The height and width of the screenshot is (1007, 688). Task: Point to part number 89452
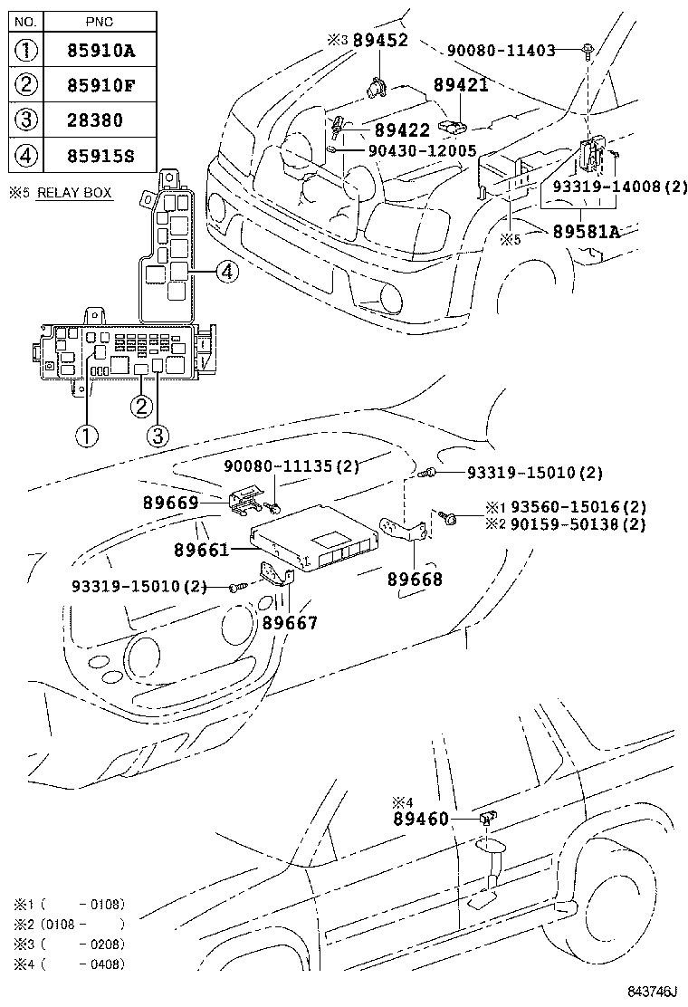pyautogui.click(x=380, y=40)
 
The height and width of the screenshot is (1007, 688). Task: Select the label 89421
pyautogui.click(x=461, y=85)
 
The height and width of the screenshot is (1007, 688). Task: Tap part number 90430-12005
pyautogui.click(x=422, y=150)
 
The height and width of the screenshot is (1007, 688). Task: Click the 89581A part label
pyautogui.click(x=586, y=232)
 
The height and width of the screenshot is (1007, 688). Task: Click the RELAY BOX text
pyautogui.click(x=74, y=193)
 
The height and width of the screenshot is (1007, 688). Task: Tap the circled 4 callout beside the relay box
pyautogui.click(x=228, y=270)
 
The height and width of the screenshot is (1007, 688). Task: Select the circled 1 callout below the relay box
pyautogui.click(x=87, y=436)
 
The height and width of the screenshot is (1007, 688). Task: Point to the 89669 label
pyautogui.click(x=170, y=501)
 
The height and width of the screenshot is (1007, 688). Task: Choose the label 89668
pyautogui.click(x=416, y=580)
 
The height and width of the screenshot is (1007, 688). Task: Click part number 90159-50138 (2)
pyautogui.click(x=578, y=524)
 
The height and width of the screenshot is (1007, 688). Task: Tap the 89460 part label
pyautogui.click(x=421, y=819)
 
